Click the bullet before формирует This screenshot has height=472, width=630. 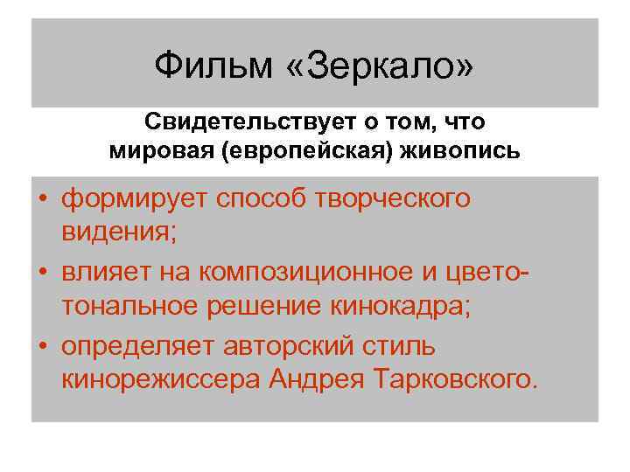coord(43,199)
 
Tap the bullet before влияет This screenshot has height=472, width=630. coord(43,273)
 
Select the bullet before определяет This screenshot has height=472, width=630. coord(43,347)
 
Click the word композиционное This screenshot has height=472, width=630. coord(311,273)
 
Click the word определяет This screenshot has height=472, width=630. coord(139,347)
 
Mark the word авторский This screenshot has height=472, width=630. coord(293,347)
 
